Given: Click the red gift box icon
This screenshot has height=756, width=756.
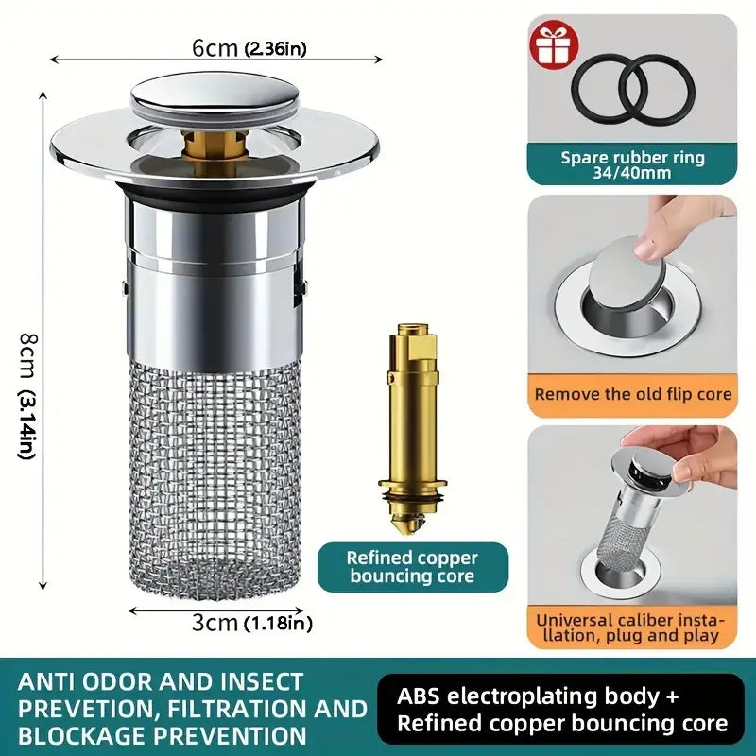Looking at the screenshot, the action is pyautogui.click(x=554, y=43).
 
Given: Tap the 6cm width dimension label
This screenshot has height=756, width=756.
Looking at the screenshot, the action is pyautogui.click(x=249, y=48).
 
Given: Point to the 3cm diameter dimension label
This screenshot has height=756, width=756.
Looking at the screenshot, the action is pyautogui.click(x=251, y=623).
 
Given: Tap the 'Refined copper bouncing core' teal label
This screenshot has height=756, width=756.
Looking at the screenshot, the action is pyautogui.click(x=413, y=567).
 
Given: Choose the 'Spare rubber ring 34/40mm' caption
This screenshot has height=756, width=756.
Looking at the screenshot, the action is pyautogui.click(x=632, y=164).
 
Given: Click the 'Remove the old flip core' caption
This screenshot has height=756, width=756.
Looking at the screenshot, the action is pyautogui.click(x=632, y=394).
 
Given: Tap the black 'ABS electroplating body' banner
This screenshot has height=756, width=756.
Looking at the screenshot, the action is pyautogui.click(x=560, y=710).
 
